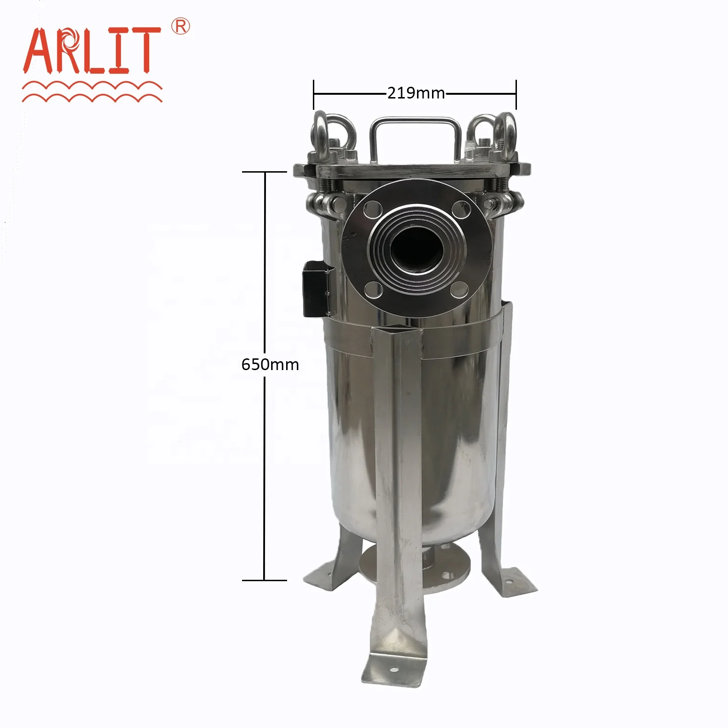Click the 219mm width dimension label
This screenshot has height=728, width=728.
click(416, 93)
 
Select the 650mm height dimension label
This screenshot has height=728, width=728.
click(270, 364)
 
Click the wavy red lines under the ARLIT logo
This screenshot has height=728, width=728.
click(92, 92)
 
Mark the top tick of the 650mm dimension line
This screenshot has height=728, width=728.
click(264, 172)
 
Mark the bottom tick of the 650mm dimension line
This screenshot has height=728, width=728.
click(264, 580)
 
